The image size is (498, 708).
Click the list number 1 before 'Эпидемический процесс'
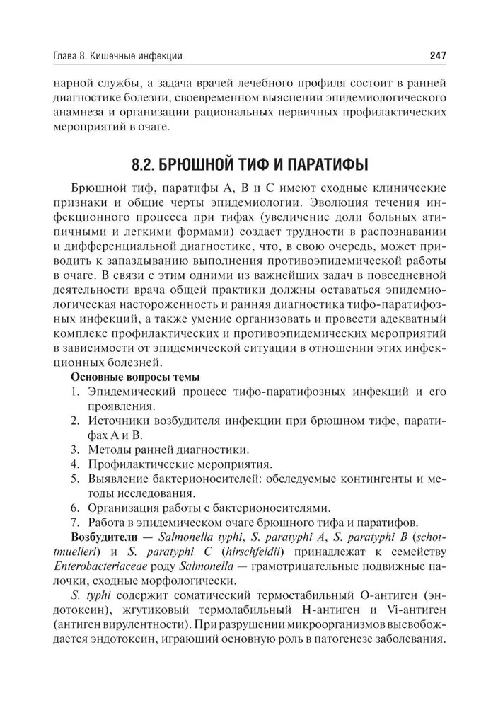74,391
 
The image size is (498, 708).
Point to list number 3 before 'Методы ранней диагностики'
74,449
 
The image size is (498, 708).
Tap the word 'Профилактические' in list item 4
137,464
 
